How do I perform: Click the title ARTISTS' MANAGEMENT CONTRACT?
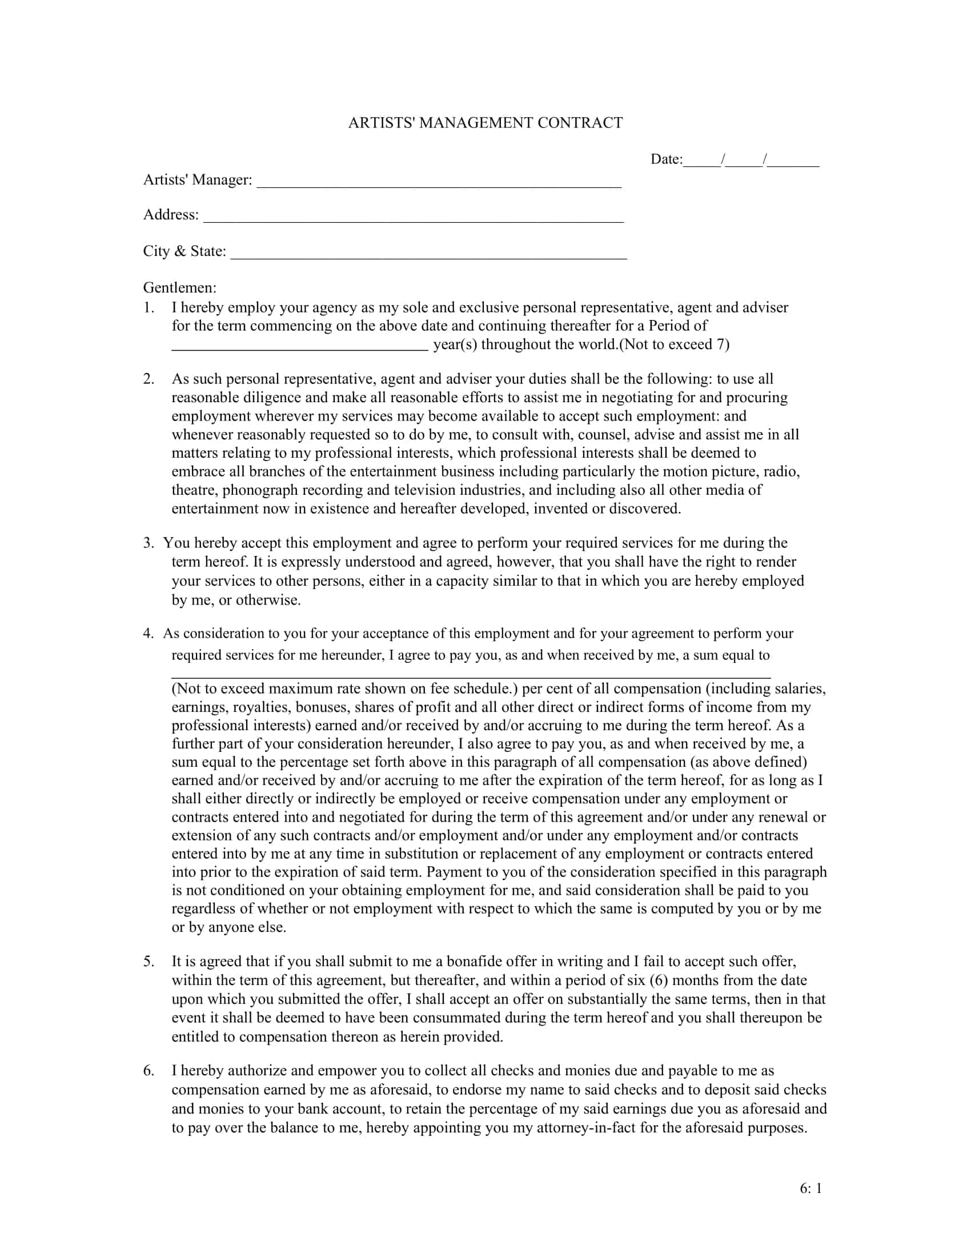pyautogui.click(x=485, y=123)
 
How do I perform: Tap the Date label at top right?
pyautogui.click(x=665, y=159)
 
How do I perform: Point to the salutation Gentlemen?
pyautogui.click(x=179, y=287)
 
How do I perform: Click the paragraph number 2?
pyautogui.click(x=149, y=379)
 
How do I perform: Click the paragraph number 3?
pyautogui.click(x=149, y=543)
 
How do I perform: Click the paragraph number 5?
pyautogui.click(x=149, y=961)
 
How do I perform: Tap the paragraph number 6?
pyautogui.click(x=149, y=1071)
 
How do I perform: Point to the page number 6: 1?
pyautogui.click(x=810, y=1188)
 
